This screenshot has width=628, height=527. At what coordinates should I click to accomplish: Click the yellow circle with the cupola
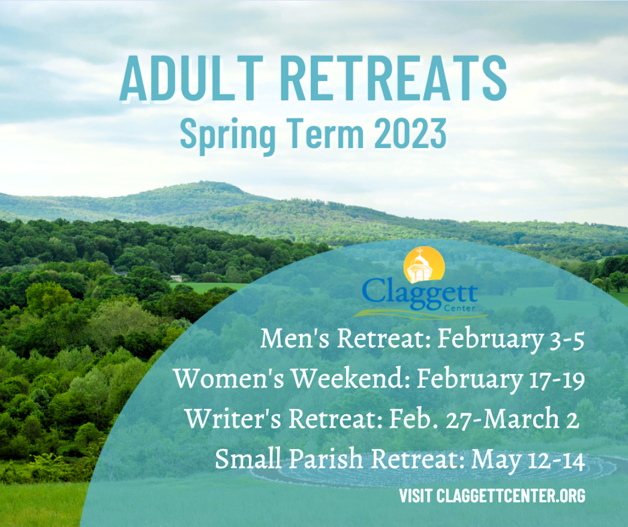(424, 265)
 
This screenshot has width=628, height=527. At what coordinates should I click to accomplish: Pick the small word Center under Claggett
(459, 308)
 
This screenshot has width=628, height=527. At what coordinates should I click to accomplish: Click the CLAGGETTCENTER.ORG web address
(511, 496)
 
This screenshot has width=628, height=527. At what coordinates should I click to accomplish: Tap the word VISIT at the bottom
(415, 496)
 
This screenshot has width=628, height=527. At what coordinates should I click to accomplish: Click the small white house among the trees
(176, 278)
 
